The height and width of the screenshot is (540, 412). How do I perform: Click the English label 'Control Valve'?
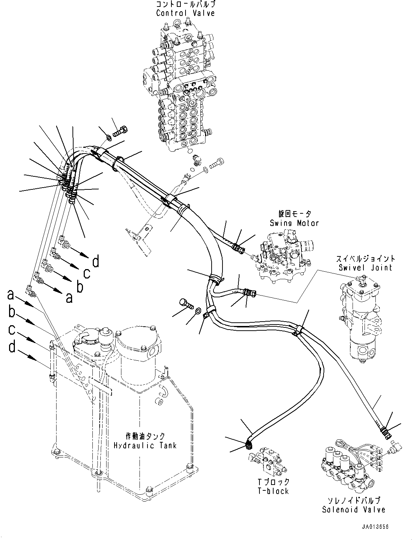tap(186, 13)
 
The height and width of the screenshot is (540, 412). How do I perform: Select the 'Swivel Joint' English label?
tap(365, 268)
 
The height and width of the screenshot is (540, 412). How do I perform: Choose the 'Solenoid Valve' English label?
tap(353, 510)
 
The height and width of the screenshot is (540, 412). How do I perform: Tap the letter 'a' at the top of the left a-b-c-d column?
tap(11, 295)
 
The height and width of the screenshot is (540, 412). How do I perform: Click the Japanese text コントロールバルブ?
tap(186, 5)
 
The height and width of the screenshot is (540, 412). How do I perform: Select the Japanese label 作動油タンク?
tap(145, 436)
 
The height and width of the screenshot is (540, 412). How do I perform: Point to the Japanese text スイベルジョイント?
tap(365, 259)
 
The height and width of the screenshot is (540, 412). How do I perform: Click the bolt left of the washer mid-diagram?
tap(186, 303)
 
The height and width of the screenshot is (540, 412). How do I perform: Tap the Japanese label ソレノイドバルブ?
tap(353, 501)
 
